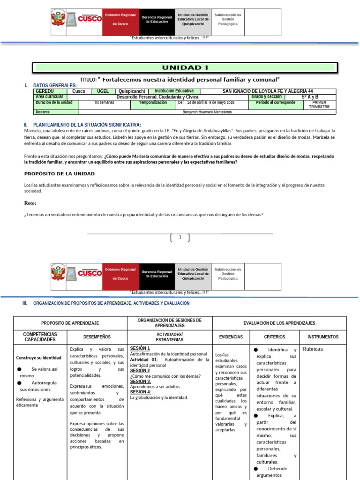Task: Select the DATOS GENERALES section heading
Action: pyautogui.click(x=55, y=85)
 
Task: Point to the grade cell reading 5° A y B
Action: pyautogui.click(x=310, y=97)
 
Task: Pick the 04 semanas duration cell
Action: pyautogui.click(x=104, y=102)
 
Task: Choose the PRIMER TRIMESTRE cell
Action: pyautogui.click(x=319, y=105)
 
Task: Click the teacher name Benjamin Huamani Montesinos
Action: pyautogui.click(x=207, y=112)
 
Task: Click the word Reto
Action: pyautogui.click(x=30, y=203)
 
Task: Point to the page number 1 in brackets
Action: pyautogui.click(x=180, y=237)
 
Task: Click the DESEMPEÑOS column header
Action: pyautogui.click(x=97, y=337)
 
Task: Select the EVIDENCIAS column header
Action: pyautogui.click(x=231, y=337)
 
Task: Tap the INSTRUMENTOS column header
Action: pyautogui.click(x=323, y=337)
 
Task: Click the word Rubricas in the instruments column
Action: pyautogui.click(x=313, y=349)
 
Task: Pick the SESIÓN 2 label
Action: pyautogui.click(x=140, y=370)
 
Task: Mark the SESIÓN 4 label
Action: pyautogui.click(x=141, y=391)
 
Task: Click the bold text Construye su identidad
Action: pyautogui.click(x=38, y=358)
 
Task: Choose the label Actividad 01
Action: pyautogui.click(x=145, y=360)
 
